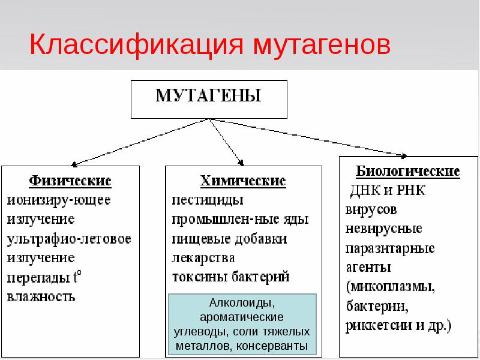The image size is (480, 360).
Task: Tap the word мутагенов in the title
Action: pos(321,45)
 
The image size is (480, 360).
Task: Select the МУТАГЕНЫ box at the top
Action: pos(209,98)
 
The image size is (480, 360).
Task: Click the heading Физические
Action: pos(70,180)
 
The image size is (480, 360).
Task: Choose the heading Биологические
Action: pos(408,172)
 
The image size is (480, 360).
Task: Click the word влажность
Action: pos(41,296)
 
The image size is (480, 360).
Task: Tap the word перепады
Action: pos(37,277)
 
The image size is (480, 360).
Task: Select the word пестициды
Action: pos(207,199)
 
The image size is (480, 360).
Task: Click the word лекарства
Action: pos(203,258)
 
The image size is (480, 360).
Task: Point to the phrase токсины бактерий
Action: pos(231,277)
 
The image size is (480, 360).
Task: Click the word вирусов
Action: pos(371,211)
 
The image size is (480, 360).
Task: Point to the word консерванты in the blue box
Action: pos(272,346)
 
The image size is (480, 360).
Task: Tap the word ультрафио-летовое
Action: pos(69,238)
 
